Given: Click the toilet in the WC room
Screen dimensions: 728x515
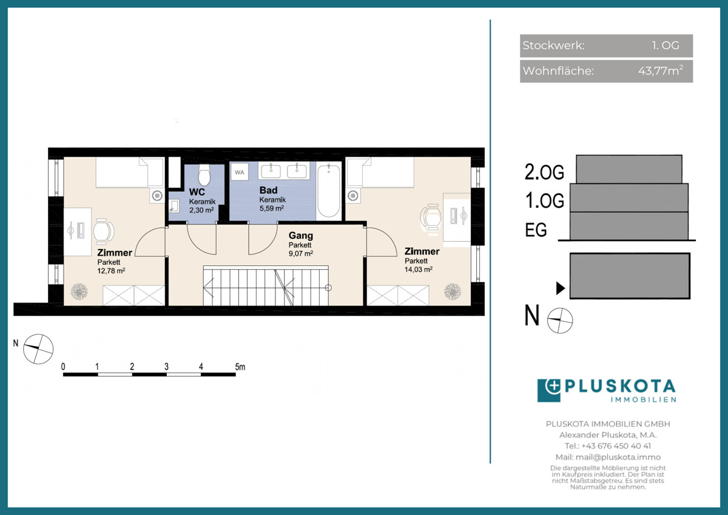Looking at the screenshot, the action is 204,175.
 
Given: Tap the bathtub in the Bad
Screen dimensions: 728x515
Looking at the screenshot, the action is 329,191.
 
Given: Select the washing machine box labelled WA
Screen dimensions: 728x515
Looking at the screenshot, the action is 240,172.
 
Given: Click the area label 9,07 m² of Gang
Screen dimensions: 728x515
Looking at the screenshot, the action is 301,253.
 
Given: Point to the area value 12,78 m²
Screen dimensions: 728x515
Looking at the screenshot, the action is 111,271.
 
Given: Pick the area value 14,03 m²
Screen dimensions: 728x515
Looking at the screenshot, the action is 418,270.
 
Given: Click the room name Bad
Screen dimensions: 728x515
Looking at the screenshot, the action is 268,190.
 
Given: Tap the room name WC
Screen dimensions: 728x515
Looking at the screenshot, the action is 197,192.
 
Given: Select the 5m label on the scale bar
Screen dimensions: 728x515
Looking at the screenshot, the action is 240,367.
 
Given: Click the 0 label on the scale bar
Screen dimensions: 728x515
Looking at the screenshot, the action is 63,367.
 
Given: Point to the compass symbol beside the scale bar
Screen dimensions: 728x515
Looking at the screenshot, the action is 38,349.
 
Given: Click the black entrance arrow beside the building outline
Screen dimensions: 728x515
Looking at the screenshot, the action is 561,288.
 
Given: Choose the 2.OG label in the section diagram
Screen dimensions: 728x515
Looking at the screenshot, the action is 544,172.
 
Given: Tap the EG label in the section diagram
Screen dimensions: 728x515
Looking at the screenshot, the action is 536,230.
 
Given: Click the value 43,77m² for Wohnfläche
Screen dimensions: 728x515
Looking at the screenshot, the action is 661,70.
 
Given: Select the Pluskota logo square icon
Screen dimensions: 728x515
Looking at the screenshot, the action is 549,391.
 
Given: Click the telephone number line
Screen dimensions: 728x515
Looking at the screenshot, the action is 608,446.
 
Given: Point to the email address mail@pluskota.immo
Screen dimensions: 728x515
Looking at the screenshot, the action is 618,457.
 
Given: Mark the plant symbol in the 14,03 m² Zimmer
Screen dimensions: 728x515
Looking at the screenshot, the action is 453,292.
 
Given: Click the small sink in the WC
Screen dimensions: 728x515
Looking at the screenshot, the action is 174,206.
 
